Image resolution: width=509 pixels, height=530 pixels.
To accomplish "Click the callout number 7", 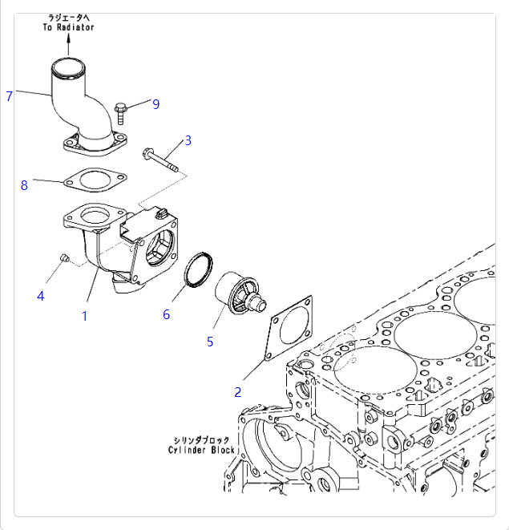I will tap(9, 97).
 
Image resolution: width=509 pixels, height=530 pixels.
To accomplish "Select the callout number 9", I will tap(156, 103).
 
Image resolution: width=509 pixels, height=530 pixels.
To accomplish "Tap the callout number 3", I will tap(188, 141).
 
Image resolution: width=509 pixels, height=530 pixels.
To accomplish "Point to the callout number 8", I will tap(24, 186).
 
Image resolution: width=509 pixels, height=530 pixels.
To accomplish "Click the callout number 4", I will tap(41, 296).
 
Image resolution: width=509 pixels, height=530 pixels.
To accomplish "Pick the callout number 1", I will tap(84, 316).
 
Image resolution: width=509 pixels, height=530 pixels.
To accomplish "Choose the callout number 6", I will tap(167, 314).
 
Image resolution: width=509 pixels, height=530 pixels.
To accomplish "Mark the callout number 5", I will tap(210, 342).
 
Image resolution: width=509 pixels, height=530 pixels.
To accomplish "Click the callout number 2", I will tap(237, 392).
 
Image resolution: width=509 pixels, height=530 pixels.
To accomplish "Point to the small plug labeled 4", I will tap(66, 257).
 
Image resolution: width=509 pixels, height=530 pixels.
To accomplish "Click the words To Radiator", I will tap(69, 27).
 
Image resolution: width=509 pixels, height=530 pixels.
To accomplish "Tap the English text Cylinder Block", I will tap(202, 451).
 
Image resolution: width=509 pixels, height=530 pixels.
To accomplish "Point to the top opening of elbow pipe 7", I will tap(69, 65).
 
